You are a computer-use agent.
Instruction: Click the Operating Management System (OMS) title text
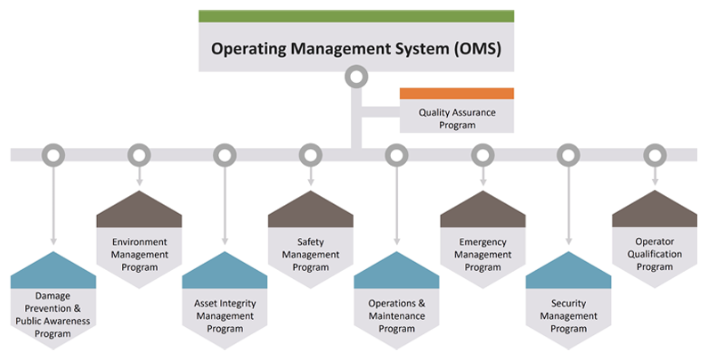point(356,48)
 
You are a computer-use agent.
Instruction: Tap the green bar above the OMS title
point(356,16)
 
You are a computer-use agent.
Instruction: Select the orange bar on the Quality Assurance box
point(457,94)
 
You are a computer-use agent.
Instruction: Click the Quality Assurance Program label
point(457,119)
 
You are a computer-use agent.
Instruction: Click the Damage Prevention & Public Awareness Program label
point(53,315)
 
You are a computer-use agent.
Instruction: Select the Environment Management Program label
point(139,255)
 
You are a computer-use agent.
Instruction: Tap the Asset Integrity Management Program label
point(224,316)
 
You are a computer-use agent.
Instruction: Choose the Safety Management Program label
point(311,255)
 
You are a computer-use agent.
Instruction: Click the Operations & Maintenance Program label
point(396,316)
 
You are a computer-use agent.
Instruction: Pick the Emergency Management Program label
point(483,255)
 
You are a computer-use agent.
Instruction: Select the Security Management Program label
point(568,316)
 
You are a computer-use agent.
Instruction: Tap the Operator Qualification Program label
point(655,254)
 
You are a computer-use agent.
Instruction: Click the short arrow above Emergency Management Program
point(483,176)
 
